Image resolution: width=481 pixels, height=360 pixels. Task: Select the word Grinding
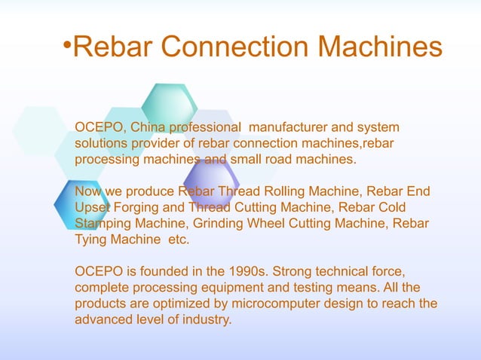220,224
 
